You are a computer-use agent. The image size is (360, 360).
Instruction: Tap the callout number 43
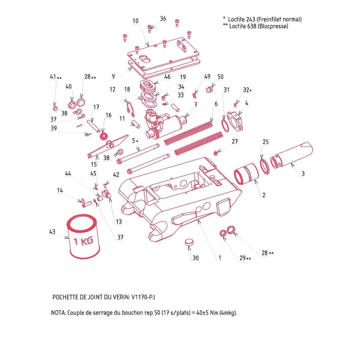click(x=52, y=232)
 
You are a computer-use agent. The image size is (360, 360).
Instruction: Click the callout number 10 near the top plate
click(x=135, y=21)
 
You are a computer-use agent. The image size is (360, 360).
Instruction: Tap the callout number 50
click(x=220, y=77)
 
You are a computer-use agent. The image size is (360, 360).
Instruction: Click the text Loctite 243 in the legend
click(x=241, y=19)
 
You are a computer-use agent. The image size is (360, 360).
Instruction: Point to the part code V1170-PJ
click(x=143, y=297)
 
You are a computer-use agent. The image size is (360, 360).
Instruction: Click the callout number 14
click(x=60, y=190)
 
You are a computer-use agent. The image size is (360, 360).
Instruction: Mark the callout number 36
click(x=163, y=19)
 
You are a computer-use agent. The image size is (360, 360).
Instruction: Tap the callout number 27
click(x=235, y=141)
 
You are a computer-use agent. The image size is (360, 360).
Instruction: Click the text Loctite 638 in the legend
click(x=242, y=26)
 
